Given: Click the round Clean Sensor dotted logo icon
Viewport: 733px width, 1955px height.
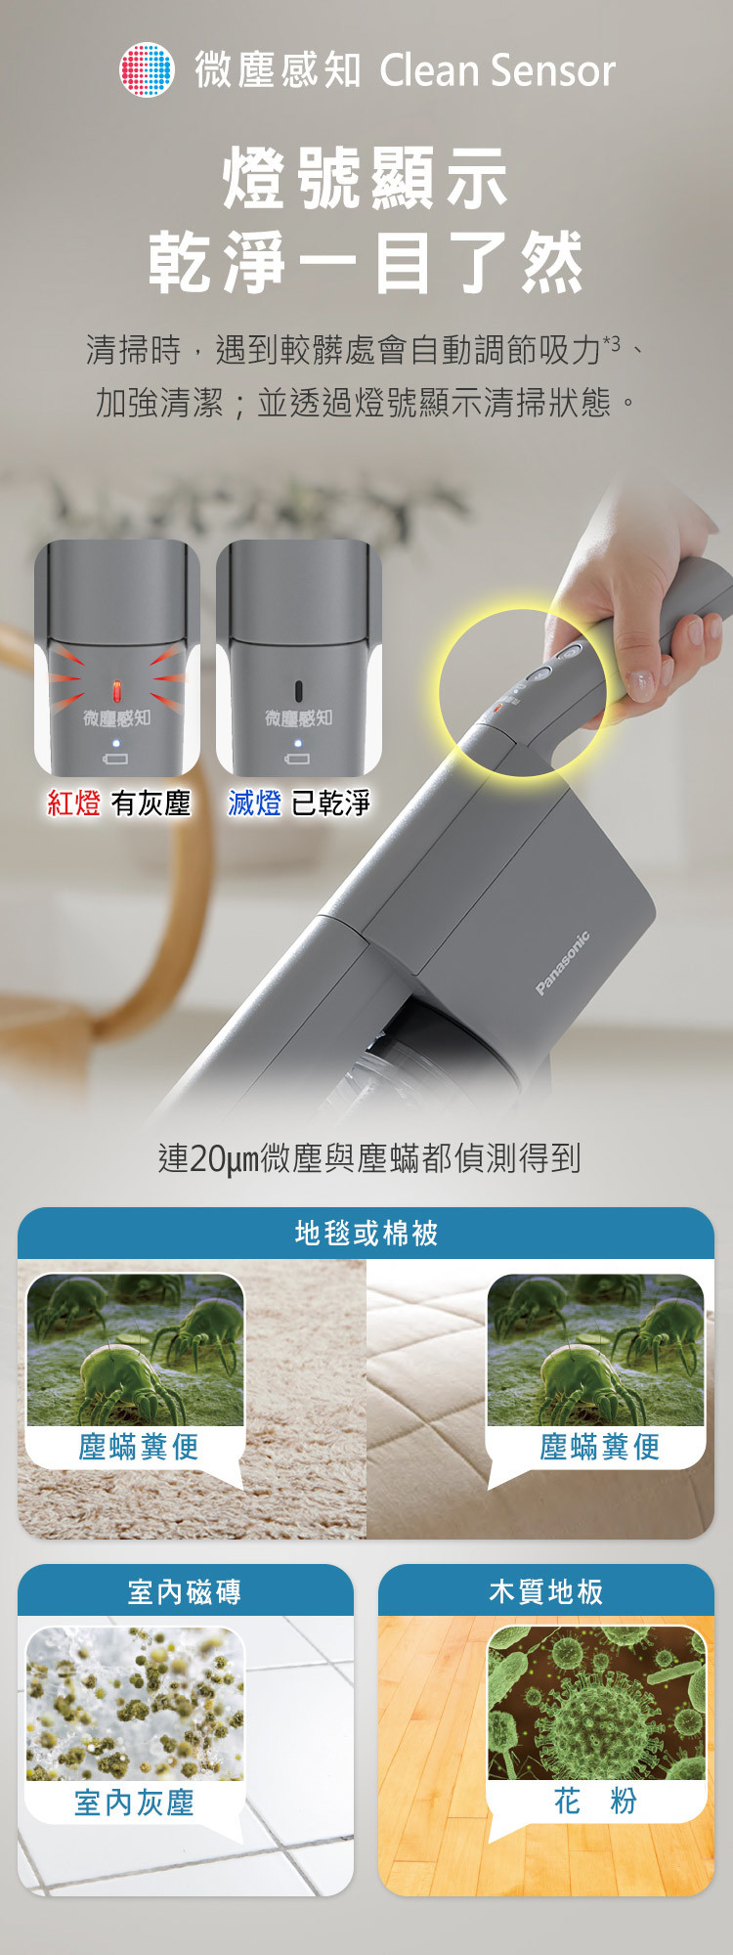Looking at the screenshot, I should [x=147, y=69].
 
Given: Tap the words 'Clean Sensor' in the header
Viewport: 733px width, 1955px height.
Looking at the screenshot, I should [x=496, y=70].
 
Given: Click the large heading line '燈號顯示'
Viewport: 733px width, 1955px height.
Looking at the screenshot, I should [x=366, y=179].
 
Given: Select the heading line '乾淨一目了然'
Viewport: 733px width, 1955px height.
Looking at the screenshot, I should [x=366, y=263].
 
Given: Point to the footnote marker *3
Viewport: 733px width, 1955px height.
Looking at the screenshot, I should [x=611, y=342].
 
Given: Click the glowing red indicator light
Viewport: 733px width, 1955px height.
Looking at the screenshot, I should [x=116, y=690].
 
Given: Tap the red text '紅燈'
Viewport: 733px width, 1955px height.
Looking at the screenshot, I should [x=74, y=804].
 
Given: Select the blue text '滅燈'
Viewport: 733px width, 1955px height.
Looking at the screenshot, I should [x=254, y=804].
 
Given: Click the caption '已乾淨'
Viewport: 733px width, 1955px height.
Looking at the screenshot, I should [x=331, y=804].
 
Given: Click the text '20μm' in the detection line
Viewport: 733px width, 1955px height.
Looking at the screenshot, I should [x=222, y=1158].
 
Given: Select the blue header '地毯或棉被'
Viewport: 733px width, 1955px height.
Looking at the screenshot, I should [x=366, y=1234].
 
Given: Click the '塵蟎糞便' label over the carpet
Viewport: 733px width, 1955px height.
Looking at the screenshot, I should [x=138, y=1447].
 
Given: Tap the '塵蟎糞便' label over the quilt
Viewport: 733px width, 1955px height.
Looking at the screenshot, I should [x=599, y=1447].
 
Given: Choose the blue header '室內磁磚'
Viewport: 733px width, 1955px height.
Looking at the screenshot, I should [x=185, y=1592].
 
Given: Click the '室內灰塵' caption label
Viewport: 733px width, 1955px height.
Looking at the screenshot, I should [x=134, y=1803].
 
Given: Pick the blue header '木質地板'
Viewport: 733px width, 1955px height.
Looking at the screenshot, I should [x=545, y=1592].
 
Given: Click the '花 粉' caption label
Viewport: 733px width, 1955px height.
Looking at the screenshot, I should [x=595, y=1801].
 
